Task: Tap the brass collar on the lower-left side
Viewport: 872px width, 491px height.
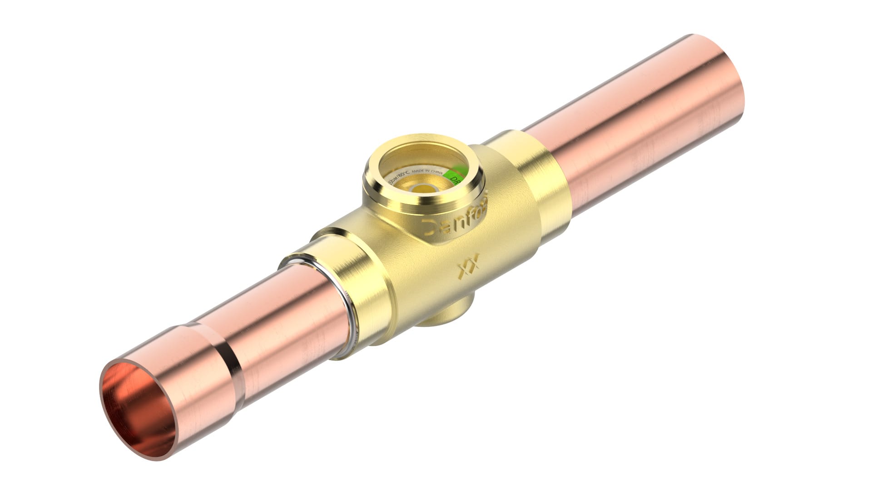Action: pos(359,296)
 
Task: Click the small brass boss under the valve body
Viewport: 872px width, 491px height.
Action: pos(447,314)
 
